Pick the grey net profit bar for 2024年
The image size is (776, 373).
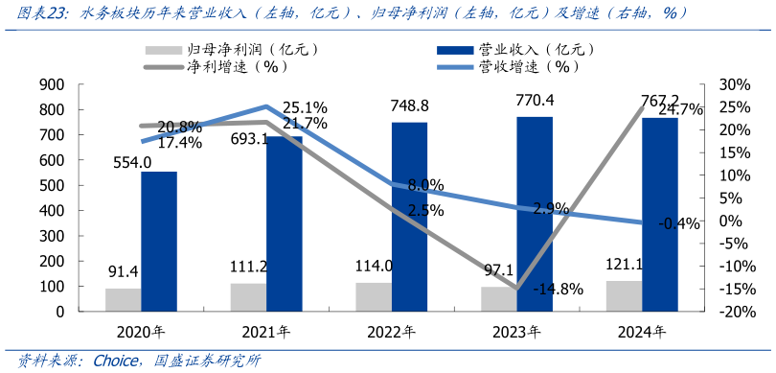623,296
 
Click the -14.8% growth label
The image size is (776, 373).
558,290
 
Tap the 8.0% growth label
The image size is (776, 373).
425,185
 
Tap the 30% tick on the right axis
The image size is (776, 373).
733,84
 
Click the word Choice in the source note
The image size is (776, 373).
116,361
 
